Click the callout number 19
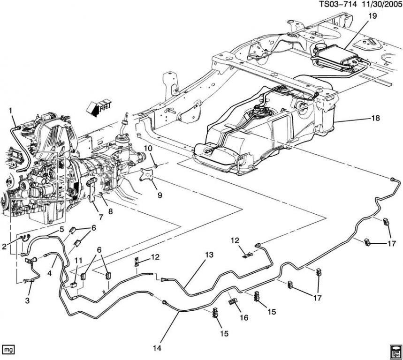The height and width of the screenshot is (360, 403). point(373,15)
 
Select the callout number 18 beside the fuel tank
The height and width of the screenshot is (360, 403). point(375,119)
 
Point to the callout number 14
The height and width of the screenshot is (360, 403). point(157,348)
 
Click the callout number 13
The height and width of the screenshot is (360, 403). point(209,255)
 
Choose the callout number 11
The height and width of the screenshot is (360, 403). point(78,260)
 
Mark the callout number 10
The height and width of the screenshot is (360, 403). point(148,149)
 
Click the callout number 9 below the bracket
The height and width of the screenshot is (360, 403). point(160,195)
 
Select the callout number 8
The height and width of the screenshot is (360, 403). point(111,211)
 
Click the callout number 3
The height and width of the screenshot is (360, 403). point(27,300)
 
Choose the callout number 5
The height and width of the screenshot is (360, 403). point(61,230)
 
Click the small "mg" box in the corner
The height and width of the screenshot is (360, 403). point(8,349)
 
